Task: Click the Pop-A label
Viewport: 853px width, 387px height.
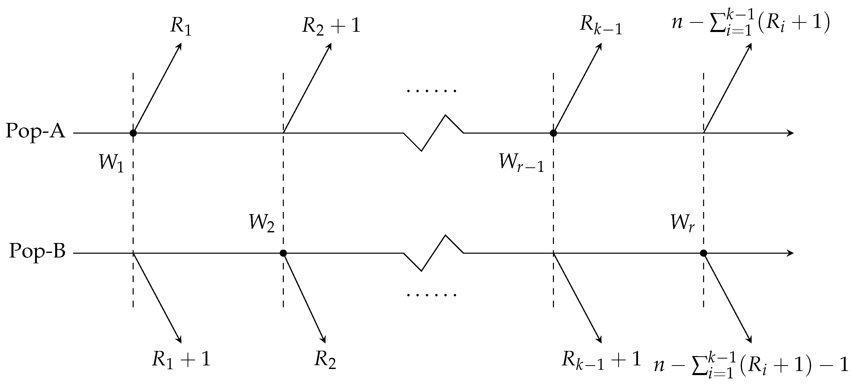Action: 35,132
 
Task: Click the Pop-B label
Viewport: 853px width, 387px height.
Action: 37,252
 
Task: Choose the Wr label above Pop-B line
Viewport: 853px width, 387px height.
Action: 683,222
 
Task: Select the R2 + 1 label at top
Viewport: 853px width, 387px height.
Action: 331,26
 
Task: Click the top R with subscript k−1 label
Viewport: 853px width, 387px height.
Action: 601,26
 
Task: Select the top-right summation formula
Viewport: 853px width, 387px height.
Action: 751,23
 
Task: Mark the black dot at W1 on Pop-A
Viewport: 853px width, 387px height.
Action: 133,133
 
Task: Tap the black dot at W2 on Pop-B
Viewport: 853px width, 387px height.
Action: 283,253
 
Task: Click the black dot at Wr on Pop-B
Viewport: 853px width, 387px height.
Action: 704,253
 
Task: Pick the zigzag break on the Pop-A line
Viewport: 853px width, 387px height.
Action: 433,133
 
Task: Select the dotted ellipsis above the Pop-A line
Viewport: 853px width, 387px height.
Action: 432,90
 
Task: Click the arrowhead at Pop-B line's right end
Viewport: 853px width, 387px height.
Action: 791,253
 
